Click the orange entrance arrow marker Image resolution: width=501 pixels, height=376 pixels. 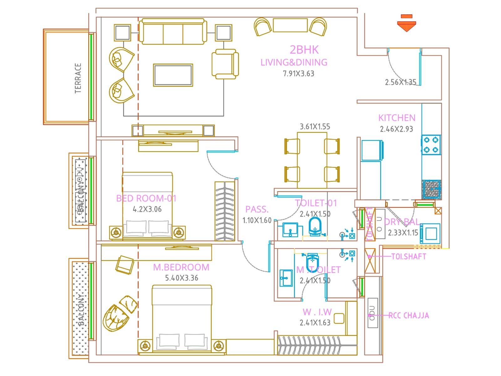(406, 24)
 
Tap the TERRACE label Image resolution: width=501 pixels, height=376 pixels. (78, 78)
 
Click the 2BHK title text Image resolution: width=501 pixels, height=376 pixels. (304, 50)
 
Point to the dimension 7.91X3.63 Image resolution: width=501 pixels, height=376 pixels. (298, 74)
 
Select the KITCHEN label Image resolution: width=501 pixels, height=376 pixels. (397, 118)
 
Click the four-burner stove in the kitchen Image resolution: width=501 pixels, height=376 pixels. (431, 145)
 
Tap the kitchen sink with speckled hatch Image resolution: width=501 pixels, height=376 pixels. (431, 190)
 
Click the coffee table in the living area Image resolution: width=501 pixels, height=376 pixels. (173, 75)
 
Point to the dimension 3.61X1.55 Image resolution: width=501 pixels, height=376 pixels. (315, 127)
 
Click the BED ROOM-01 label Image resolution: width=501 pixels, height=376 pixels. (146, 198)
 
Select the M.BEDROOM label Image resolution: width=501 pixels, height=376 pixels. (181, 267)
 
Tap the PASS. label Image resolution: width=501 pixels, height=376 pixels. (257, 209)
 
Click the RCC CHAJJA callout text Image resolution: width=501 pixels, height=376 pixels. (409, 316)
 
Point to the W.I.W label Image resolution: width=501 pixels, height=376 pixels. (317, 312)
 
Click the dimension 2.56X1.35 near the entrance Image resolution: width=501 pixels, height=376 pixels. (400, 82)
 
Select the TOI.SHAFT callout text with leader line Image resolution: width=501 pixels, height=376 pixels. (409, 257)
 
